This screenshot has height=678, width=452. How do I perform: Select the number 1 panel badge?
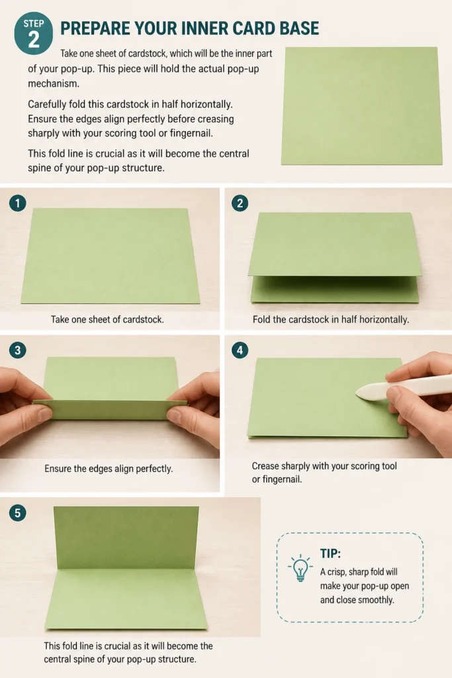18,203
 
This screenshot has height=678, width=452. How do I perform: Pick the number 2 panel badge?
240,203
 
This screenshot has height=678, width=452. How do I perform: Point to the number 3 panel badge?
18,350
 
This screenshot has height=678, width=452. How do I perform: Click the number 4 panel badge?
240,350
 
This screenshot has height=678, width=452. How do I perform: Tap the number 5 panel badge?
18,513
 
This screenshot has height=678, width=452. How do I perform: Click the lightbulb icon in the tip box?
300,567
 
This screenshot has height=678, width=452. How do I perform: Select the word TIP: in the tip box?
331,554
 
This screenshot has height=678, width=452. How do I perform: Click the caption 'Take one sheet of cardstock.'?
107,320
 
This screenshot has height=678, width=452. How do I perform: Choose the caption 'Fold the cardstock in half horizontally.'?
331,320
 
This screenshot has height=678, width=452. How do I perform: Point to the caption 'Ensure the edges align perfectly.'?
109,469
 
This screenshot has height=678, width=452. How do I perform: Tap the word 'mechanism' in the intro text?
53,83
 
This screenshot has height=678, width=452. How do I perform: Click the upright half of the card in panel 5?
127,538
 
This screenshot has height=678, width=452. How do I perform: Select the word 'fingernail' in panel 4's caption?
281,479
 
